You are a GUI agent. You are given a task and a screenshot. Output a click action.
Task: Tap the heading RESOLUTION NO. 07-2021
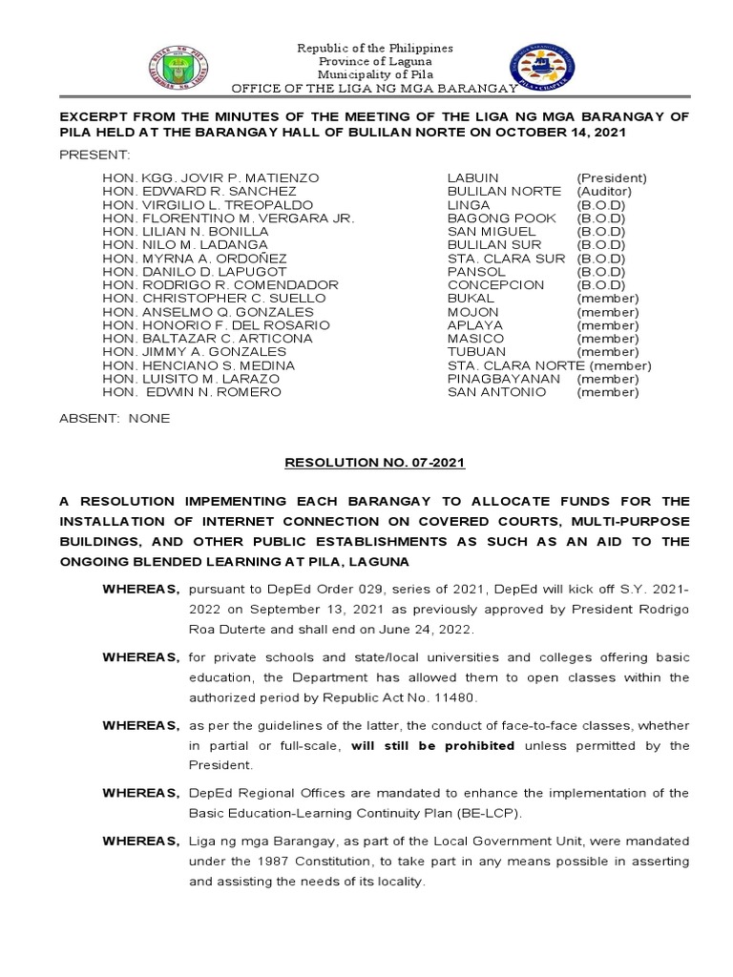375,463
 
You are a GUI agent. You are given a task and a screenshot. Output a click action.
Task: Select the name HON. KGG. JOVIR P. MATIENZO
211,178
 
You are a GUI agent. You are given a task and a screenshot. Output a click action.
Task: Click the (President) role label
612,178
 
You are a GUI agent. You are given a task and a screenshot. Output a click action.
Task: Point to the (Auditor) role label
604,192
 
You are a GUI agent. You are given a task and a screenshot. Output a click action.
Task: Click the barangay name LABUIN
473,178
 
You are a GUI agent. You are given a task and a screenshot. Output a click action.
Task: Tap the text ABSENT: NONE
115,418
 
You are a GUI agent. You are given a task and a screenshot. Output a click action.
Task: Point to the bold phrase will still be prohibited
433,745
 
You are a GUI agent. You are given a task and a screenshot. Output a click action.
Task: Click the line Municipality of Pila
374,74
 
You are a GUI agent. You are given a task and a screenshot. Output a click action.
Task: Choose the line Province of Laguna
374,61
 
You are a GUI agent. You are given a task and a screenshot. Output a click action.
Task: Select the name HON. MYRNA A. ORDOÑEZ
195,259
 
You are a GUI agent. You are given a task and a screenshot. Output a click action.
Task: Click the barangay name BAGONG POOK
489,218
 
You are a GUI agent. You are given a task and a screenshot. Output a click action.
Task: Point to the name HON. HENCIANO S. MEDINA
199,365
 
